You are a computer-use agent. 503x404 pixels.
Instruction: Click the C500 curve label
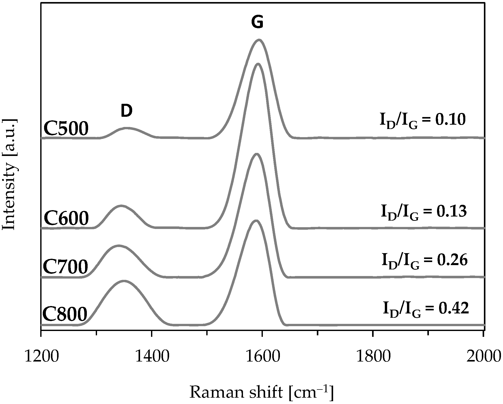pos(66,128)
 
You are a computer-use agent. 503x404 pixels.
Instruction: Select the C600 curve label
pos(66,219)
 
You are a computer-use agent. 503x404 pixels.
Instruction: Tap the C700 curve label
pos(65,267)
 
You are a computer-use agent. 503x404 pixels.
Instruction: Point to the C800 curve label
pos(65,314)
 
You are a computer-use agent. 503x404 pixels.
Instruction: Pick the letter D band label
pos(127,111)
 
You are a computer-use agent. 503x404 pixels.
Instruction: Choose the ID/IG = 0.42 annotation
pos(426,309)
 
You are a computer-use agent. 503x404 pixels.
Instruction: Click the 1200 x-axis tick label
pos(42,356)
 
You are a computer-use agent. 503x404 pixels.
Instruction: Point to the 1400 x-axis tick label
pos(152,356)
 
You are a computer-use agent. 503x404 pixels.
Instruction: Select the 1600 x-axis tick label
pos(262,356)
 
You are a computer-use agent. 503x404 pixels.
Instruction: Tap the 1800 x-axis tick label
pos(373,356)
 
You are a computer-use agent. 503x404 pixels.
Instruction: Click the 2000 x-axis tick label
pos(483,356)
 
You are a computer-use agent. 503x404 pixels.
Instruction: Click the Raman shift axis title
pos(261,393)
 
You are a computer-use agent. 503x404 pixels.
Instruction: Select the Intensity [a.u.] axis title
pos(10,174)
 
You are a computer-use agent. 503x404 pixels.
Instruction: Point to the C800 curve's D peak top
pos(124,281)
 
